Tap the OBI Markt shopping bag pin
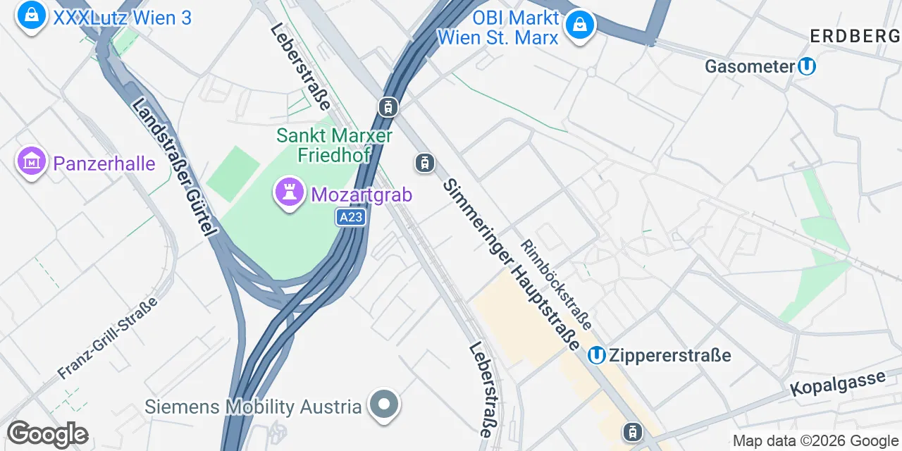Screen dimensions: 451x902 (x=579, y=25)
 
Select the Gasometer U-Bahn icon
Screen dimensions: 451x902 (x=807, y=66)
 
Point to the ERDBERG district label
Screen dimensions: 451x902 (x=855, y=37)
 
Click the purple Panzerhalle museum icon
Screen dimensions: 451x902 (x=32, y=161)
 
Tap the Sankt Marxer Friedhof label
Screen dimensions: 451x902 (x=324, y=144)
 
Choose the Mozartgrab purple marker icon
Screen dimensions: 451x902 (x=288, y=192)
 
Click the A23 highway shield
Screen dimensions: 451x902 (x=351, y=218)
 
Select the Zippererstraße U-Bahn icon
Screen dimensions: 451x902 (x=597, y=355)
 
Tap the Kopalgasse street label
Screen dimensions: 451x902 (x=837, y=383)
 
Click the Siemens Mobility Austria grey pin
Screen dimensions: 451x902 (x=384, y=405)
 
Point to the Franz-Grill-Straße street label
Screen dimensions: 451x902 (x=108, y=338)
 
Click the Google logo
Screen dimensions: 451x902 (x=47, y=435)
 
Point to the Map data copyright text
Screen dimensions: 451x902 (x=816, y=441)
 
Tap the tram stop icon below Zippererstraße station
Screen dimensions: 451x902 (x=633, y=431)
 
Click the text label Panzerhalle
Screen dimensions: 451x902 (x=104, y=164)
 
